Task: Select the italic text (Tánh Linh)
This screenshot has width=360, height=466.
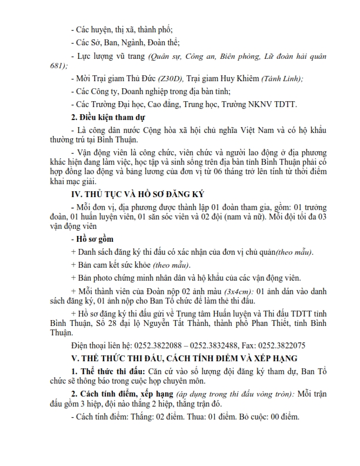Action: (x=285, y=78)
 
